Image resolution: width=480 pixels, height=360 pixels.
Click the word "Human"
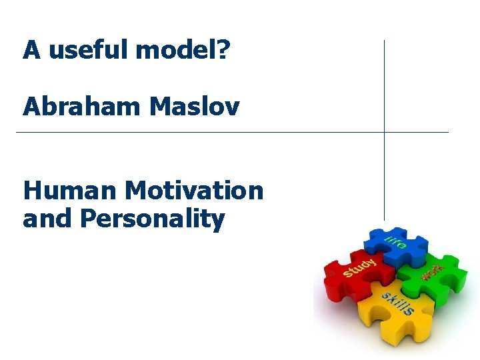coord(69,191)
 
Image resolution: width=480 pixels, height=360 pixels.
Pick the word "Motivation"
coord(194,191)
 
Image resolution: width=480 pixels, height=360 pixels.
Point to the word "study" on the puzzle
coord(359,268)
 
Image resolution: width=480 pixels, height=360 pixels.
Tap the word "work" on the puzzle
coord(431,271)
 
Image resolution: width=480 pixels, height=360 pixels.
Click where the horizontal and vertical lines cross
coord(384,132)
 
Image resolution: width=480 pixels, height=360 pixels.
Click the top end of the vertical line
coord(384,41)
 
